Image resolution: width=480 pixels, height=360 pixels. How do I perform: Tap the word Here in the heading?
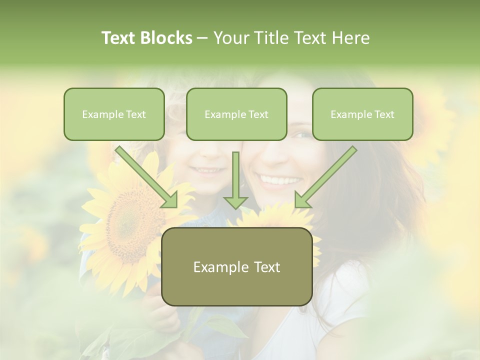pyautogui.click(x=349, y=38)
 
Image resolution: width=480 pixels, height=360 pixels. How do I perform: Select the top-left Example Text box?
pyautogui.click(x=114, y=114)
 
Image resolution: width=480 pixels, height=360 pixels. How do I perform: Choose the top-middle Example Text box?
pyautogui.click(x=236, y=114)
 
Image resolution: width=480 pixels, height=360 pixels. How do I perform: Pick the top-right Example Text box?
pyautogui.click(x=362, y=114)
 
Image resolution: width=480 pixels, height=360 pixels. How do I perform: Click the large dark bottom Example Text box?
pyautogui.click(x=237, y=267)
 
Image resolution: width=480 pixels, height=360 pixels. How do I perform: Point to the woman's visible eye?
pyautogui.click(x=302, y=134)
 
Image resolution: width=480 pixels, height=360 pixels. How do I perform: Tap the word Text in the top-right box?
pyautogui.click(x=384, y=114)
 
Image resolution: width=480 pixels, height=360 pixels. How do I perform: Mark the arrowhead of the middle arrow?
pyautogui.click(x=235, y=201)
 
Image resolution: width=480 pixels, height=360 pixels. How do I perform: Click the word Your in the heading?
pyautogui.click(x=230, y=38)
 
